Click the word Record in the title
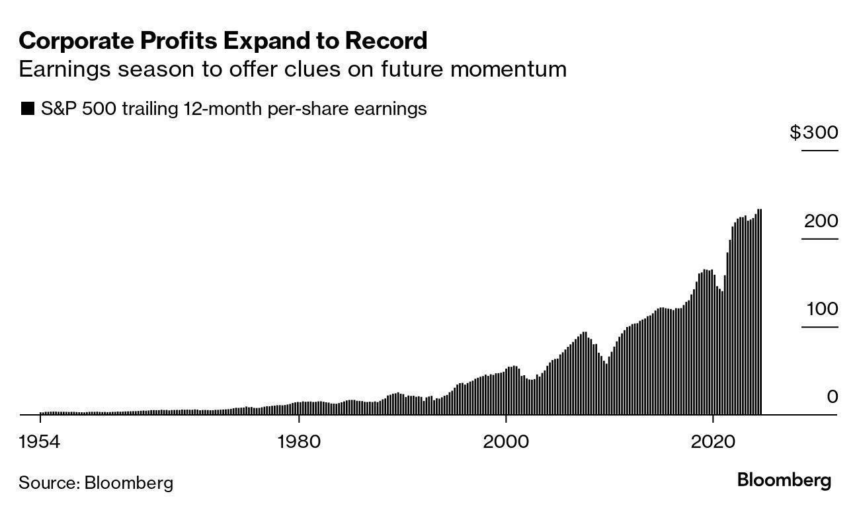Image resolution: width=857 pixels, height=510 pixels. pyautogui.click(x=389, y=41)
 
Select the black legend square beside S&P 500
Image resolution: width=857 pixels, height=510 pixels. pyautogui.click(x=27, y=109)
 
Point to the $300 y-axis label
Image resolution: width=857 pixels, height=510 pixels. pyautogui.click(x=813, y=133)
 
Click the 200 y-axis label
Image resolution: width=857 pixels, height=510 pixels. pyautogui.click(x=821, y=221)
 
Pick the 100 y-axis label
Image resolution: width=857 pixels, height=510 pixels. pyautogui.click(x=821, y=309)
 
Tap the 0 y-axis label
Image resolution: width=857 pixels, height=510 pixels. pyautogui.click(x=832, y=397)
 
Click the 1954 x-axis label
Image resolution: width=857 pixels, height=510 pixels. pyautogui.click(x=40, y=441)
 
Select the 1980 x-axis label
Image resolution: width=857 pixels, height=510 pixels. pyautogui.click(x=299, y=441)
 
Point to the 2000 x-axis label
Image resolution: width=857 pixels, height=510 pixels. pyautogui.click(x=506, y=441)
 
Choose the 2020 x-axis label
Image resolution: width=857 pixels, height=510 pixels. pyautogui.click(x=713, y=441)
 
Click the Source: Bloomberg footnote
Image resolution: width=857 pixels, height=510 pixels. pyautogui.click(x=96, y=483)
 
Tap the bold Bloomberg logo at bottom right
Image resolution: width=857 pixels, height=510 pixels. pyautogui.click(x=784, y=480)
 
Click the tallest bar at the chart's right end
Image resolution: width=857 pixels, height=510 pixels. pyautogui.click(x=759, y=310)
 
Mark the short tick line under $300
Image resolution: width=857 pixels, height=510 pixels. pyautogui.click(x=819, y=151)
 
